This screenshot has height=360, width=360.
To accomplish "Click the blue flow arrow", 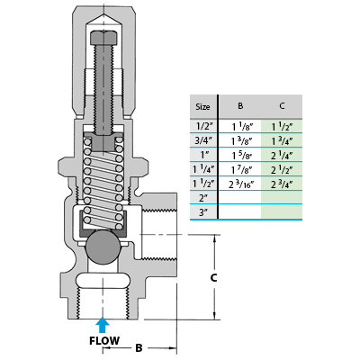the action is coord(103,325).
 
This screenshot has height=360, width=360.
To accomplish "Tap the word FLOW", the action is coord(104,341).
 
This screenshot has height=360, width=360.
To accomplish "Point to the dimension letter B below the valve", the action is coord(139,348).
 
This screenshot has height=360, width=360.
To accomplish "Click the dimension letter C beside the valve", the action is coord(213,278).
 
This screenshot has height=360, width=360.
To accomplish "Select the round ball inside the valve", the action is coord(103,247).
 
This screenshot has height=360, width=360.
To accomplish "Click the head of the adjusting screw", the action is coord(103,37).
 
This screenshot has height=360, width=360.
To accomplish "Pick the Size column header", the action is coord(202,107).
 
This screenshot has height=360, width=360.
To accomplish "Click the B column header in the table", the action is coord(240,106).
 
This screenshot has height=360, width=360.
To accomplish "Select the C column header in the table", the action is coord(282,106).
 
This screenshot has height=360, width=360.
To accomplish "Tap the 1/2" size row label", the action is coord(203,126).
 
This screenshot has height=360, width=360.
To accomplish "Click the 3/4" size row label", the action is coord(203,140).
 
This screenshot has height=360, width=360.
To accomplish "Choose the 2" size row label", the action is coord(203,198).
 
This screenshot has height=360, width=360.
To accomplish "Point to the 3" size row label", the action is coord(203,212).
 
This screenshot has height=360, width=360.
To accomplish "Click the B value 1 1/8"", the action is coord(242,127).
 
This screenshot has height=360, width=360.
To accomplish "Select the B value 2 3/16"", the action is coord(241,184).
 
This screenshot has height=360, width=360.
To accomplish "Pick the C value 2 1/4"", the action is coord(282,155).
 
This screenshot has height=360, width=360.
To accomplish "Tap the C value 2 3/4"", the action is coord(282,184).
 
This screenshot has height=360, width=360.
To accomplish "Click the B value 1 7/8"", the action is coord(242,169).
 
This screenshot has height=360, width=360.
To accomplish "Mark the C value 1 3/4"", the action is coord(282,140).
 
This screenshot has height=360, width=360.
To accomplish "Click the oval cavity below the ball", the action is coord(103,281).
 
